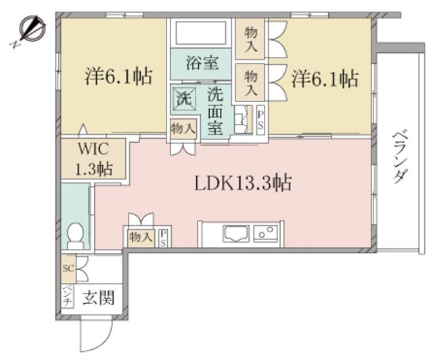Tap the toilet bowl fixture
(x=75, y=235)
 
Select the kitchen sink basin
(x=236, y=233)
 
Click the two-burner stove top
(x=266, y=233)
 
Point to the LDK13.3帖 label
(x=243, y=183)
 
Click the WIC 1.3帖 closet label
(x=94, y=159)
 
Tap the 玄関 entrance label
(x=99, y=298)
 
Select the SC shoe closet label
(x=68, y=268)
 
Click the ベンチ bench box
(x=68, y=296)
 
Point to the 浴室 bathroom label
(x=203, y=63)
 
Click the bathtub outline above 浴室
(x=201, y=32)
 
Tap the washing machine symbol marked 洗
(x=184, y=99)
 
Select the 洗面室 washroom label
(x=215, y=112)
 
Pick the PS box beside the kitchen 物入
(x=163, y=238)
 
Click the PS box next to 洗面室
(x=260, y=120)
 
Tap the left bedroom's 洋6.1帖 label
(x=119, y=77)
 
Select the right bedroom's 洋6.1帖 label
(x=325, y=79)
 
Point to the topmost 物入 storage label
(x=250, y=39)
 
